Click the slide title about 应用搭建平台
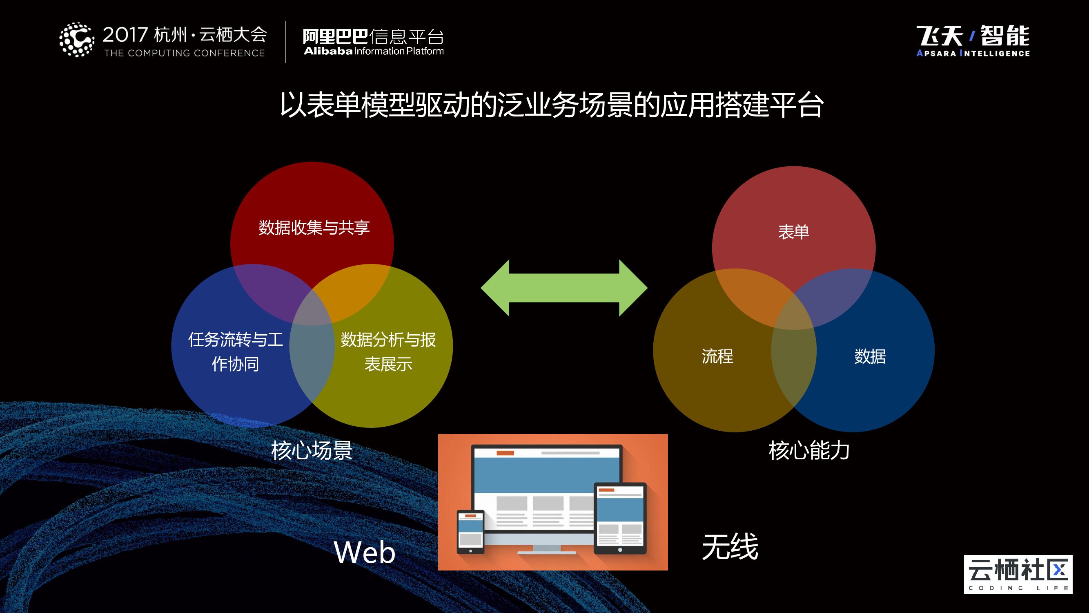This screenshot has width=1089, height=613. [551, 105]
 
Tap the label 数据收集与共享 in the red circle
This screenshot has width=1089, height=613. [314, 228]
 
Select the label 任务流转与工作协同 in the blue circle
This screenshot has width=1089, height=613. [236, 351]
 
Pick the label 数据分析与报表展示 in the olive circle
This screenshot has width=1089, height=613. [388, 351]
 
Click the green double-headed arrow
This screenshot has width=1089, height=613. [564, 288]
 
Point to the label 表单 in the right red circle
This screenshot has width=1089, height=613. [793, 232]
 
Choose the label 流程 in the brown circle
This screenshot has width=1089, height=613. [717, 356]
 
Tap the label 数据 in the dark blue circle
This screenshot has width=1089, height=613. [870, 356]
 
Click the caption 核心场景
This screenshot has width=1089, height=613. [312, 450]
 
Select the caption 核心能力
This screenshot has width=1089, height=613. [809, 450]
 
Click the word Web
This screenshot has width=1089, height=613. [364, 552]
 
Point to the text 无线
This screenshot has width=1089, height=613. [730, 547]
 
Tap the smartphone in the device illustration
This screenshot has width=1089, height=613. [470, 532]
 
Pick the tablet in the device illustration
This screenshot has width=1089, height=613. [620, 518]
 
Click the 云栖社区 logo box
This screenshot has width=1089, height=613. [1018, 574]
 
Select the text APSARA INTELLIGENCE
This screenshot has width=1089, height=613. [973, 53]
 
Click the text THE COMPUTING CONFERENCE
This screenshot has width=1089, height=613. [184, 53]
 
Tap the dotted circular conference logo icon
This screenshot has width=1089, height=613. [76, 39]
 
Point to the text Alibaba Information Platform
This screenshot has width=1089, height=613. [374, 51]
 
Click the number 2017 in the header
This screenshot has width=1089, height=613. [125, 35]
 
